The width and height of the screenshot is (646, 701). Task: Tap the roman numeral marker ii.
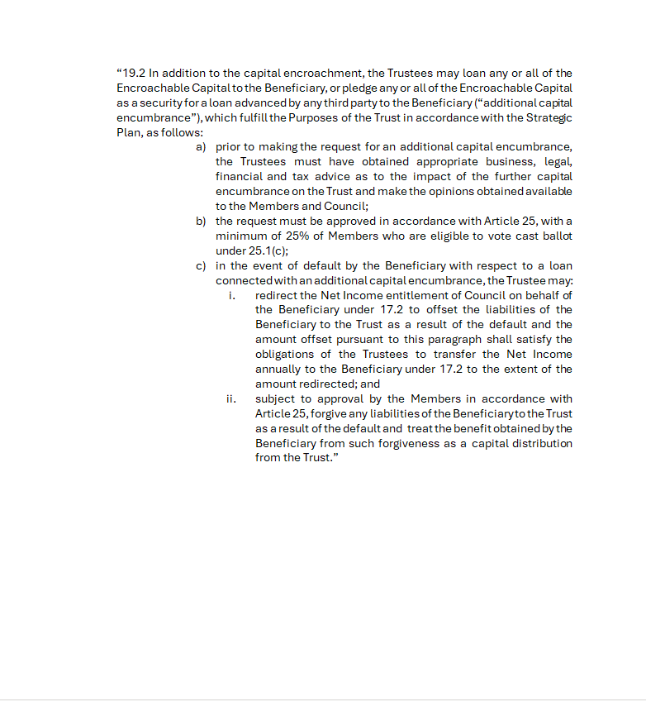click(x=231, y=398)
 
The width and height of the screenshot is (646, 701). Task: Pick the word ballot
click(x=554, y=236)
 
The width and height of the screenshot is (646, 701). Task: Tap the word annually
click(x=280, y=370)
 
